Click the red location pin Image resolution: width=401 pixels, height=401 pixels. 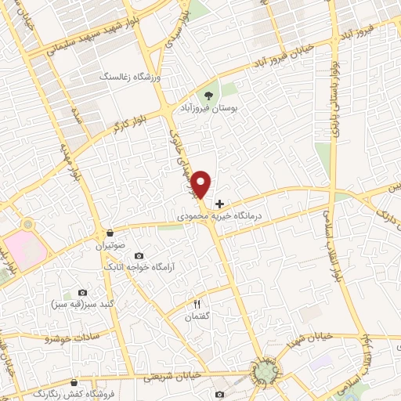202,185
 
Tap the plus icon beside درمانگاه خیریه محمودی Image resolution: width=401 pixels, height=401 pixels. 219,204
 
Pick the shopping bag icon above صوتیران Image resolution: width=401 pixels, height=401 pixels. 110,233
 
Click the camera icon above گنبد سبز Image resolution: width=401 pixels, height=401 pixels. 83,292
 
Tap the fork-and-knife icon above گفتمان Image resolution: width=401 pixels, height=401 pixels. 197,303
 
